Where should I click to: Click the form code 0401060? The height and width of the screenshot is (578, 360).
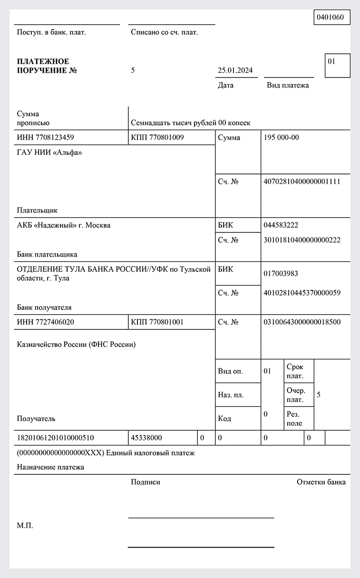click(x=332, y=17)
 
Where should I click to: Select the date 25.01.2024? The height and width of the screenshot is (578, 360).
click(x=235, y=70)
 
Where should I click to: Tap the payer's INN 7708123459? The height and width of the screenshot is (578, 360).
click(x=45, y=137)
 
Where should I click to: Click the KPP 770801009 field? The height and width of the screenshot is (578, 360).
click(x=157, y=137)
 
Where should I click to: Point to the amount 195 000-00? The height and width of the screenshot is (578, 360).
click(x=281, y=137)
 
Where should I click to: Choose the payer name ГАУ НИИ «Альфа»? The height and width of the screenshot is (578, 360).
click(x=49, y=153)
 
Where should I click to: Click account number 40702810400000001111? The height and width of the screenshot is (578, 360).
click(x=302, y=181)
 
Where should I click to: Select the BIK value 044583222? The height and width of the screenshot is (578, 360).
click(x=281, y=225)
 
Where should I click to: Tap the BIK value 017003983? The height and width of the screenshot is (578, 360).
click(x=281, y=274)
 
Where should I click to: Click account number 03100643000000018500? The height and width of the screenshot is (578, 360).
click(x=302, y=322)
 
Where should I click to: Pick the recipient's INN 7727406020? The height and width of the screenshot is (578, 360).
click(x=45, y=322)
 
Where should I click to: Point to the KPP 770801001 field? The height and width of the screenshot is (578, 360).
click(x=157, y=322)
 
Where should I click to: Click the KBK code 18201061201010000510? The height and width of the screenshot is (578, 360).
click(x=55, y=438)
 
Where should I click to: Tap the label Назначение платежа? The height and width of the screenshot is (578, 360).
click(x=50, y=467)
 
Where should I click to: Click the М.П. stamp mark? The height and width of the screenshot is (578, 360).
click(x=25, y=526)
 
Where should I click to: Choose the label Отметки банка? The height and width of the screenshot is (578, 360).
click(x=321, y=482)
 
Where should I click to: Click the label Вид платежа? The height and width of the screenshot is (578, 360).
click(x=288, y=85)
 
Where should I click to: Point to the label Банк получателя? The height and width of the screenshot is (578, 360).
click(x=44, y=307)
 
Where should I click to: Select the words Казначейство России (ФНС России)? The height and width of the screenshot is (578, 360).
click(x=76, y=345)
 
